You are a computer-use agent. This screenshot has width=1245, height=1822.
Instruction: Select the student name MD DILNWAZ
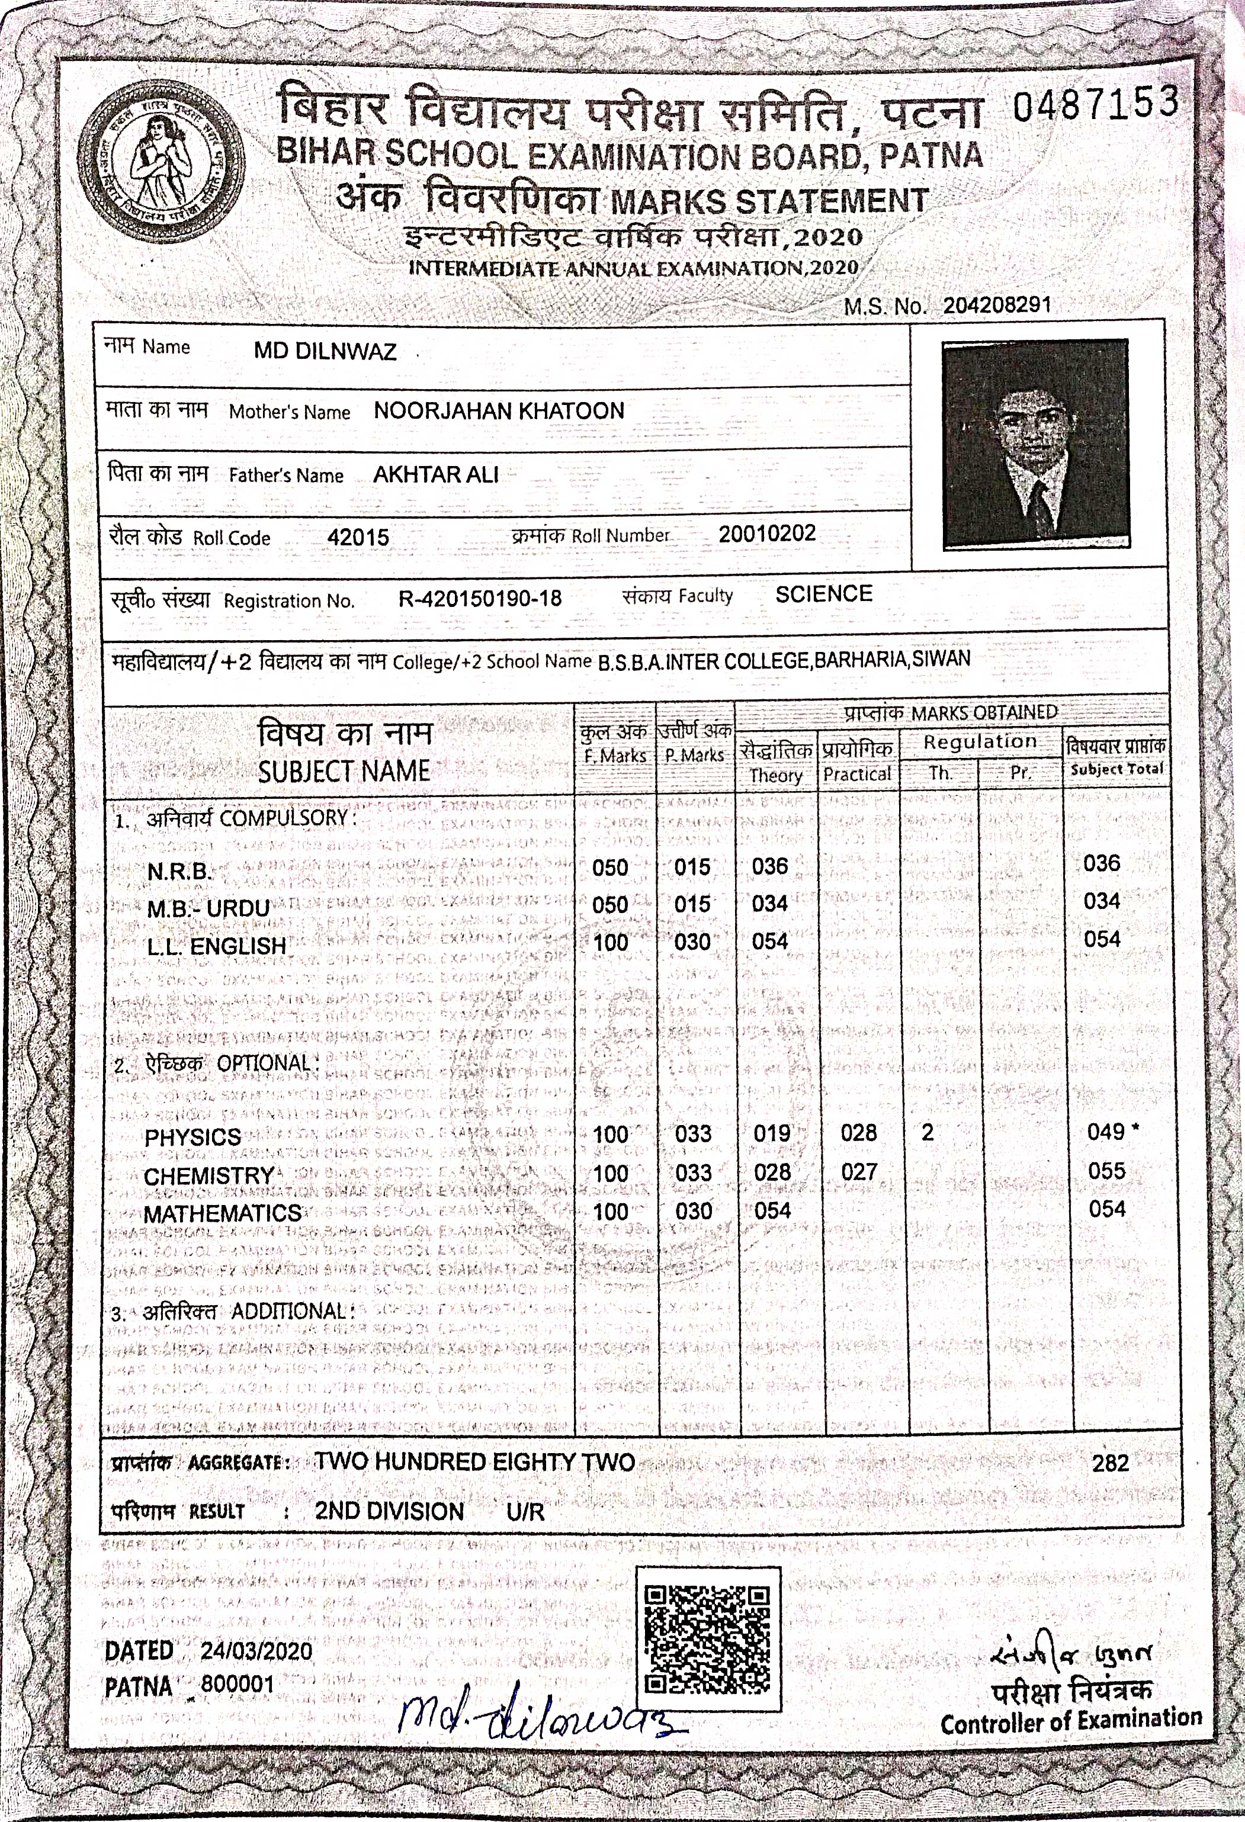click(x=325, y=351)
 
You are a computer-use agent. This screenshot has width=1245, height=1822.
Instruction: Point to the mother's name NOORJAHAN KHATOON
click(x=499, y=411)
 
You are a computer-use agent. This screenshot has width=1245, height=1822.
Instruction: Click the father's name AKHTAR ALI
click(x=436, y=474)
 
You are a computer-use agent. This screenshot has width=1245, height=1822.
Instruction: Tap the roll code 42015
click(x=358, y=537)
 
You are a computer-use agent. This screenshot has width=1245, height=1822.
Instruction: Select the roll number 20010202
click(x=767, y=534)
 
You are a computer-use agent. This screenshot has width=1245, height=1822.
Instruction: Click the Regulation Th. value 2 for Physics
click(x=928, y=1132)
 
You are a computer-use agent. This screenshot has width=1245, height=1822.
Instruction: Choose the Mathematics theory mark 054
click(x=772, y=1210)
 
